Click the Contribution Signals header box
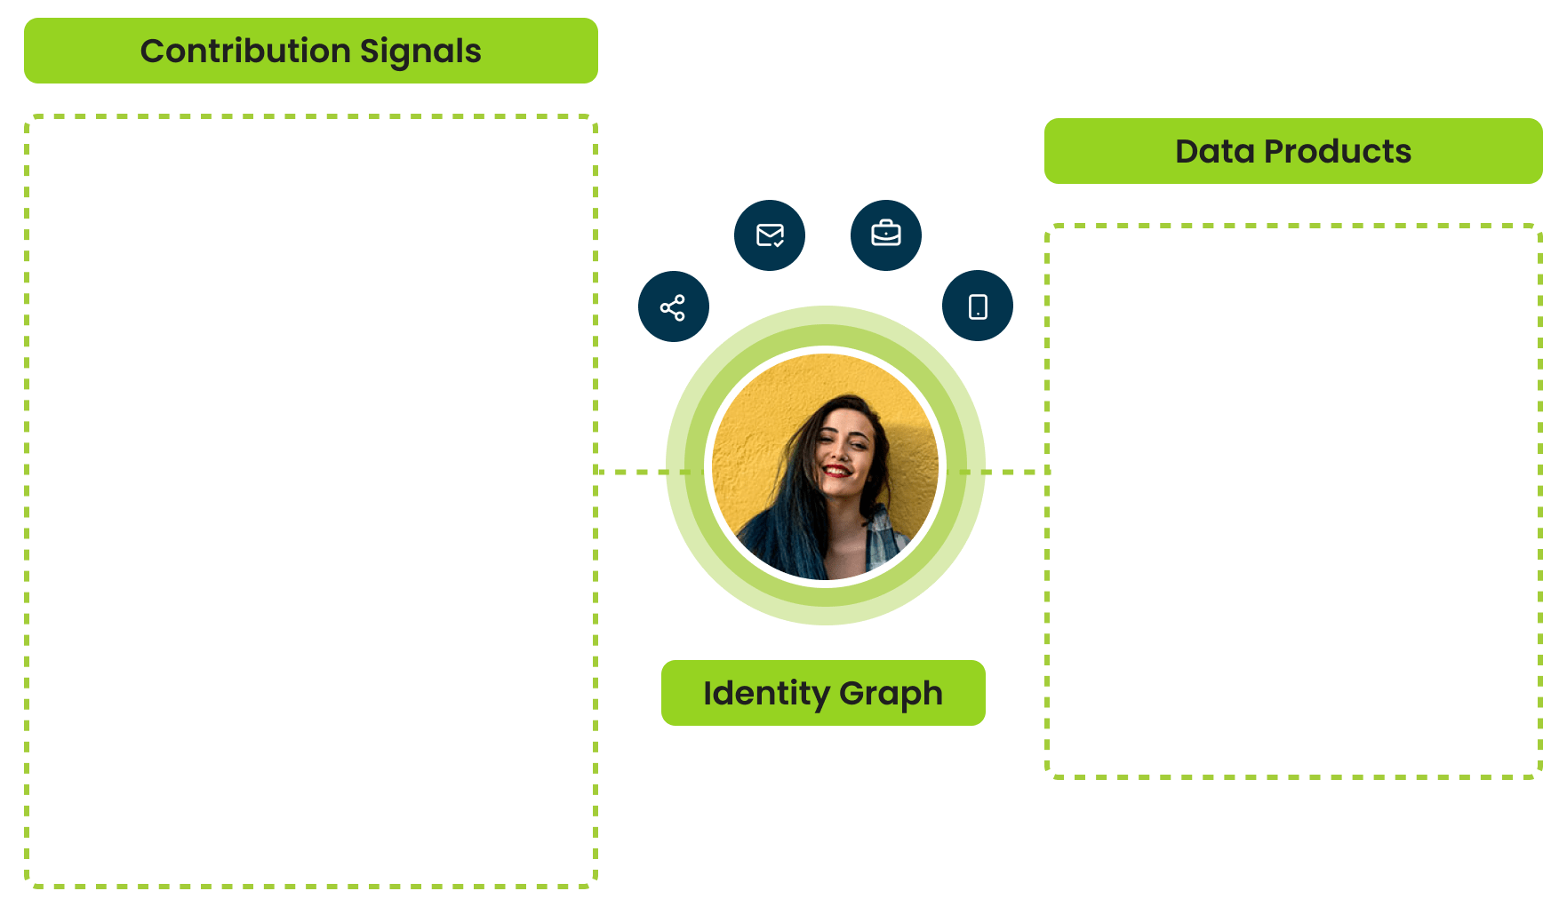(x=310, y=51)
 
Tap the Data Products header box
(x=1292, y=151)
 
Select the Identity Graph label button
(x=822, y=693)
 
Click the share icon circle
(x=673, y=307)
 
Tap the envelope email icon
(x=770, y=235)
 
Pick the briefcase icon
(x=885, y=235)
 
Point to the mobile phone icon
(x=978, y=306)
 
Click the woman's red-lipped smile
(x=835, y=470)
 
